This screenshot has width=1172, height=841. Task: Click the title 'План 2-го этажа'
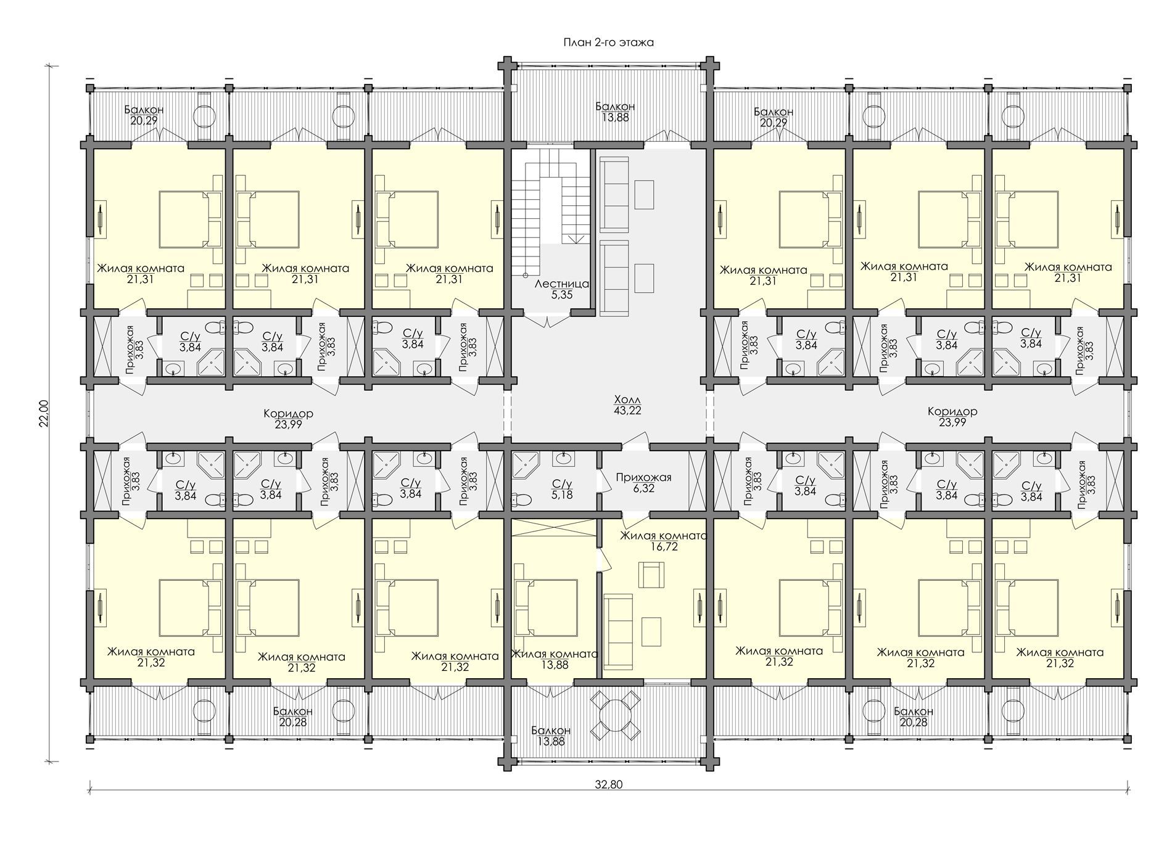click(x=608, y=43)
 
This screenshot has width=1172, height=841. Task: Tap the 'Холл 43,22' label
click(x=627, y=404)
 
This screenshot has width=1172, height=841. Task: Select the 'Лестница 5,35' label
click(x=562, y=289)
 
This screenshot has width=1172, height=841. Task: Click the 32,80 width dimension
click(x=608, y=785)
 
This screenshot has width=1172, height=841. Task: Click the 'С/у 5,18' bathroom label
click(x=561, y=489)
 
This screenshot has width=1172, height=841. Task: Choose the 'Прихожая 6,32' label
click(x=643, y=483)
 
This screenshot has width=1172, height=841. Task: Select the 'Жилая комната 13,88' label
click(x=554, y=660)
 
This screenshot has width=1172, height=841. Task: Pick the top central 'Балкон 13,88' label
click(x=615, y=112)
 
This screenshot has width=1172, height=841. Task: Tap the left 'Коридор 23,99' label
click(x=288, y=419)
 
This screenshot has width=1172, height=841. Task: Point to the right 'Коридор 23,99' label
click(x=952, y=417)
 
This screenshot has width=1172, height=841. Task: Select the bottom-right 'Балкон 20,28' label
click(x=914, y=716)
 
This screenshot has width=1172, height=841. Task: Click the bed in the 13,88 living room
click(x=546, y=608)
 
